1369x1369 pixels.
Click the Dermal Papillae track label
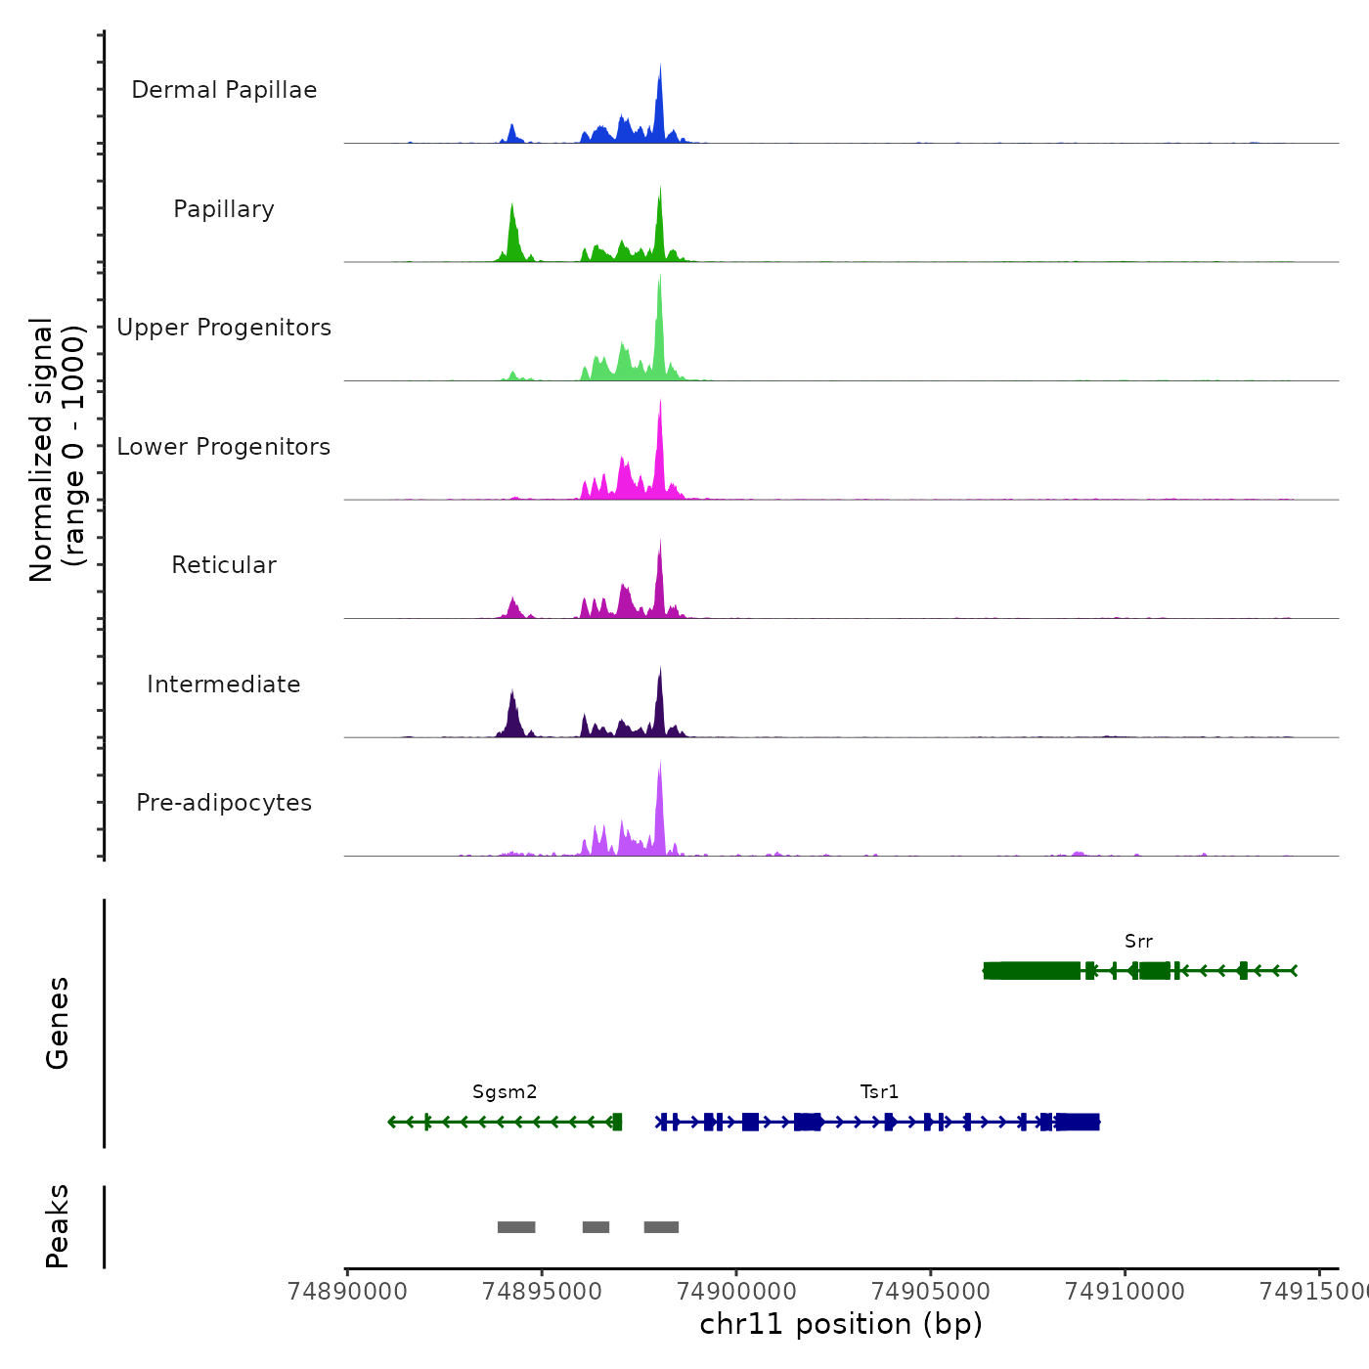coord(224,90)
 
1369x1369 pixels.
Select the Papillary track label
coord(224,209)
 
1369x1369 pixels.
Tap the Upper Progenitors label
coord(224,328)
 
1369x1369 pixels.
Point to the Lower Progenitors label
coord(224,447)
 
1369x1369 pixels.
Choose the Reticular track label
coord(224,565)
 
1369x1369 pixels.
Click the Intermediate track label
coord(224,684)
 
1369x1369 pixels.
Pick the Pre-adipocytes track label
coord(224,803)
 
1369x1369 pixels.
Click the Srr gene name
coord(1138,942)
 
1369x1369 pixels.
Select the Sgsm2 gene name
coord(505,1092)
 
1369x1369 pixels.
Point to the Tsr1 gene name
coord(879,1092)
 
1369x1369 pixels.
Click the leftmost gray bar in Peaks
coord(516,1227)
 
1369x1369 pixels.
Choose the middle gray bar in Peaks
coord(596,1227)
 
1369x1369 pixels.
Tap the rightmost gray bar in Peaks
coord(661,1227)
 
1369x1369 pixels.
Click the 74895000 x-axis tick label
coord(542,1292)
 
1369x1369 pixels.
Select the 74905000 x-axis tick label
coord(930,1292)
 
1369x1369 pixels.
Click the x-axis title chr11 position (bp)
coord(841,1324)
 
